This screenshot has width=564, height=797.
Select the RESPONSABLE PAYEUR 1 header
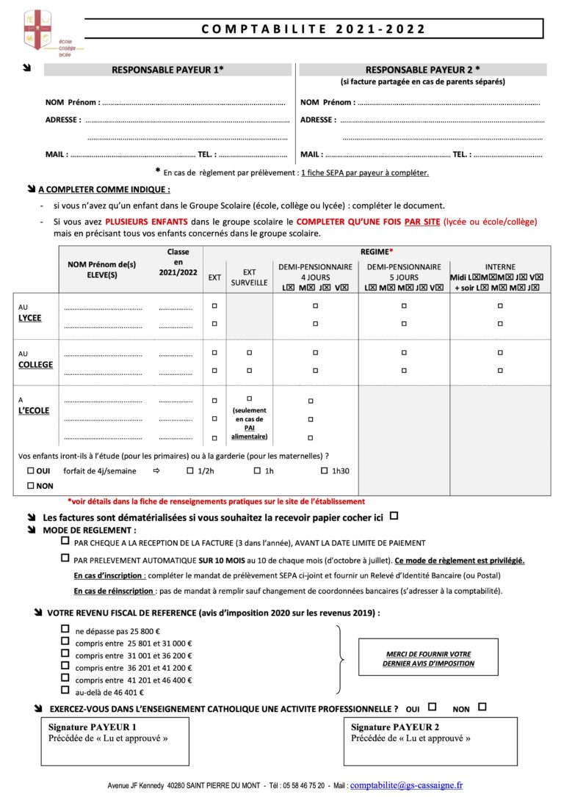[x=167, y=70]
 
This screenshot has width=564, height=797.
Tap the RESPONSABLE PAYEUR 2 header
[x=422, y=70]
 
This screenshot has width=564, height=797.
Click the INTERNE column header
[x=500, y=267]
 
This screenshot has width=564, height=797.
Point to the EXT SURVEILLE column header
[x=249, y=277]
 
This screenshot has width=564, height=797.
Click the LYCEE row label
[x=30, y=318]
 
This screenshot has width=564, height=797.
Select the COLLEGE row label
[x=36, y=364]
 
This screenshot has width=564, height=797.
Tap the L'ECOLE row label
[x=34, y=410]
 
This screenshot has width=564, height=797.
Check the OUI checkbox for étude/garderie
[x=31, y=470]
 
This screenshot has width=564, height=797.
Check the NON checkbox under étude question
[x=31, y=486]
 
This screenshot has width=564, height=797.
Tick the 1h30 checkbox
[x=325, y=470]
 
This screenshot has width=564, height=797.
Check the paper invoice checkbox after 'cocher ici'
[x=394, y=516]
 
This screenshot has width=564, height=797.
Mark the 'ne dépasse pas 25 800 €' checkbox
[x=65, y=629]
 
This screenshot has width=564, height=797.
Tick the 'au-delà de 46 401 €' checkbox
[x=65, y=691]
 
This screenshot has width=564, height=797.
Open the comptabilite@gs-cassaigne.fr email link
[x=406, y=785]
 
